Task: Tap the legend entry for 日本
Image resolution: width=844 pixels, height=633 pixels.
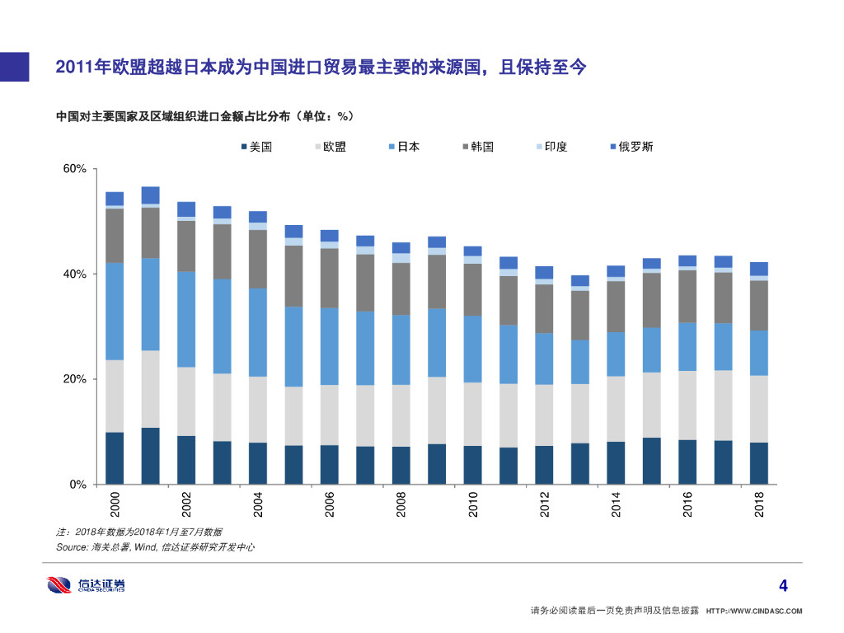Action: pos(403,147)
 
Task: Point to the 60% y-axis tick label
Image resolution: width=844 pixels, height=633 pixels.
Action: pos(75,169)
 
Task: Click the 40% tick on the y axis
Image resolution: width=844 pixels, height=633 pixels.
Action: pos(75,274)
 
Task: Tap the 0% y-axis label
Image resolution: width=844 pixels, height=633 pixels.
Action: pos(77,485)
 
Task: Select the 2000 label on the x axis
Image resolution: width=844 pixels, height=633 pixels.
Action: pos(115,504)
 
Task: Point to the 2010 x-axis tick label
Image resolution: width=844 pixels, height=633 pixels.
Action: pos(473,504)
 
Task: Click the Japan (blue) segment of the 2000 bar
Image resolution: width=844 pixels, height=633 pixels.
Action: pos(115,312)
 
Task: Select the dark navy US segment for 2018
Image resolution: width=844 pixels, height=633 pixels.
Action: pos(759,463)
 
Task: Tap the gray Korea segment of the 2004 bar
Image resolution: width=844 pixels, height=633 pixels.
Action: pos(258,259)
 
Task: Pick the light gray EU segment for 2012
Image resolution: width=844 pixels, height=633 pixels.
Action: pos(544,415)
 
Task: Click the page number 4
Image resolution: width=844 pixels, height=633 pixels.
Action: pos(783,587)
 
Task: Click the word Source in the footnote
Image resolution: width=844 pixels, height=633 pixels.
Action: pos(71,547)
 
